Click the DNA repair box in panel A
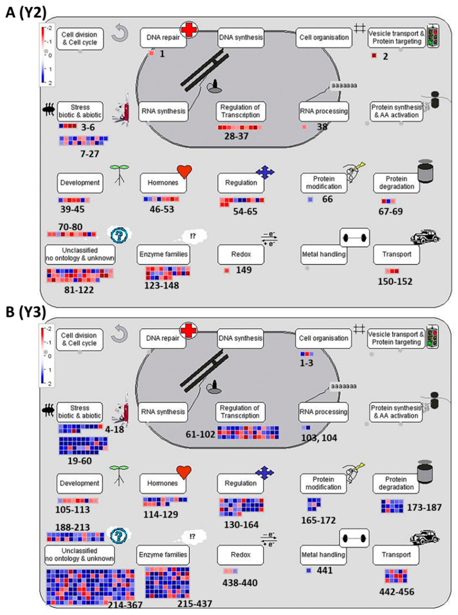coord(163,38)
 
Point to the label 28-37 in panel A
coord(236,136)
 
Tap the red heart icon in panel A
coord(184,172)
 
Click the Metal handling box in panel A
coord(324,254)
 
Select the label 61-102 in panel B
coord(200,434)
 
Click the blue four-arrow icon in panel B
coord(265,473)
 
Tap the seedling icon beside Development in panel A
coord(119,175)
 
